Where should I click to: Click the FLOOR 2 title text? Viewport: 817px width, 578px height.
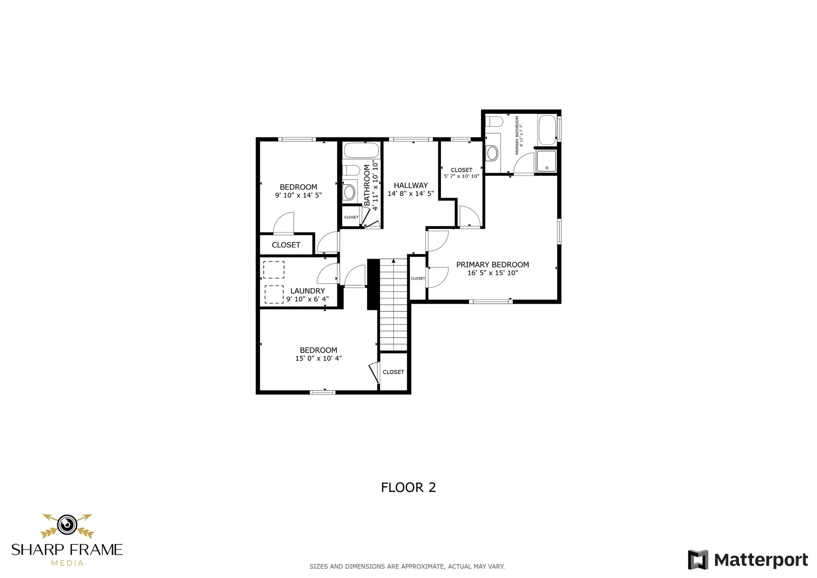tap(408, 487)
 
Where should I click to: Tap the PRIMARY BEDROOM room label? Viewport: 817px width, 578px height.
tap(492, 264)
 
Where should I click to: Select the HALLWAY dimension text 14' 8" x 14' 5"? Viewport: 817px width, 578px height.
tap(410, 193)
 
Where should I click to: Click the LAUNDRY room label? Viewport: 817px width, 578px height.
tap(307, 291)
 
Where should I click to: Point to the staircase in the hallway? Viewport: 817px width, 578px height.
tap(393, 304)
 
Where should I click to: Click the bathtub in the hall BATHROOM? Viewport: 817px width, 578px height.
tap(361, 150)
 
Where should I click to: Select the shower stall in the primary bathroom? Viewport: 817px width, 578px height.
tap(546, 161)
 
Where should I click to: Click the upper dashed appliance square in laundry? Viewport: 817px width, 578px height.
tap(273, 270)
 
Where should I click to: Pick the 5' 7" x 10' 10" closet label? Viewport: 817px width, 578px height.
tap(461, 173)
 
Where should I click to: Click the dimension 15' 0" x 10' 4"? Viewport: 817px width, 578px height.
tap(318, 358)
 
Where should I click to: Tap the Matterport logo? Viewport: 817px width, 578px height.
tap(747, 560)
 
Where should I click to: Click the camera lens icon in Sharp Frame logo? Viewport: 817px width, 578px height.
tap(67, 525)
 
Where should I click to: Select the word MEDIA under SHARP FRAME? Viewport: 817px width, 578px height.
tap(67, 563)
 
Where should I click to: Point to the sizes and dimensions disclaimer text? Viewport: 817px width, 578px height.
tap(407, 566)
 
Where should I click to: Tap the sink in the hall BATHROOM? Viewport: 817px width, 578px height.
tap(349, 192)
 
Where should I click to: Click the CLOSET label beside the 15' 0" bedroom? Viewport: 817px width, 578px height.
tap(393, 372)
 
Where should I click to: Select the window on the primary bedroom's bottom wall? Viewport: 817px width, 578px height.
tap(490, 302)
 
